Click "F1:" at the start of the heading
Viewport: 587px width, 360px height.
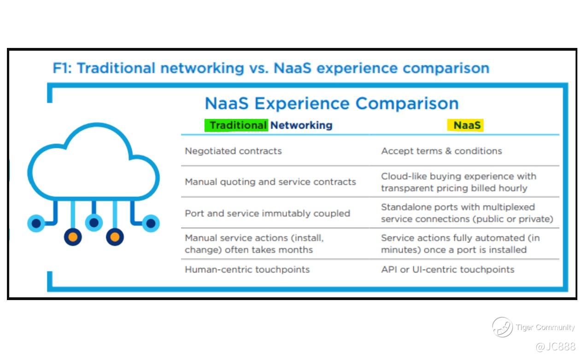tap(62, 68)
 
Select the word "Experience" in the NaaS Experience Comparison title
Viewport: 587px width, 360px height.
tap(302, 104)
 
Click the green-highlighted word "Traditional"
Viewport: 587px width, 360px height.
tap(238, 125)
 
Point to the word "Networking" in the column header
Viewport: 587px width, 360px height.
tap(301, 125)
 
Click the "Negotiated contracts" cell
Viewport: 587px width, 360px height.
tap(233, 151)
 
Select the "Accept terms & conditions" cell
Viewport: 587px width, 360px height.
tap(441, 151)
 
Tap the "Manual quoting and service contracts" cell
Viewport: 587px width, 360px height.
tap(270, 182)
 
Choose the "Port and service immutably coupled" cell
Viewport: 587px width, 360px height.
tap(268, 213)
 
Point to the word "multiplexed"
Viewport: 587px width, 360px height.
tap(509, 207)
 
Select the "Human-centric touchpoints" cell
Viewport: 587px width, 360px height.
tap(247, 270)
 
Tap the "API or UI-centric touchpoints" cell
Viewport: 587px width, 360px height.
tap(448, 270)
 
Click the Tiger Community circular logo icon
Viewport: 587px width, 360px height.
tap(502, 327)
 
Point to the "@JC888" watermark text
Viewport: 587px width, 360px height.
tap(556, 347)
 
